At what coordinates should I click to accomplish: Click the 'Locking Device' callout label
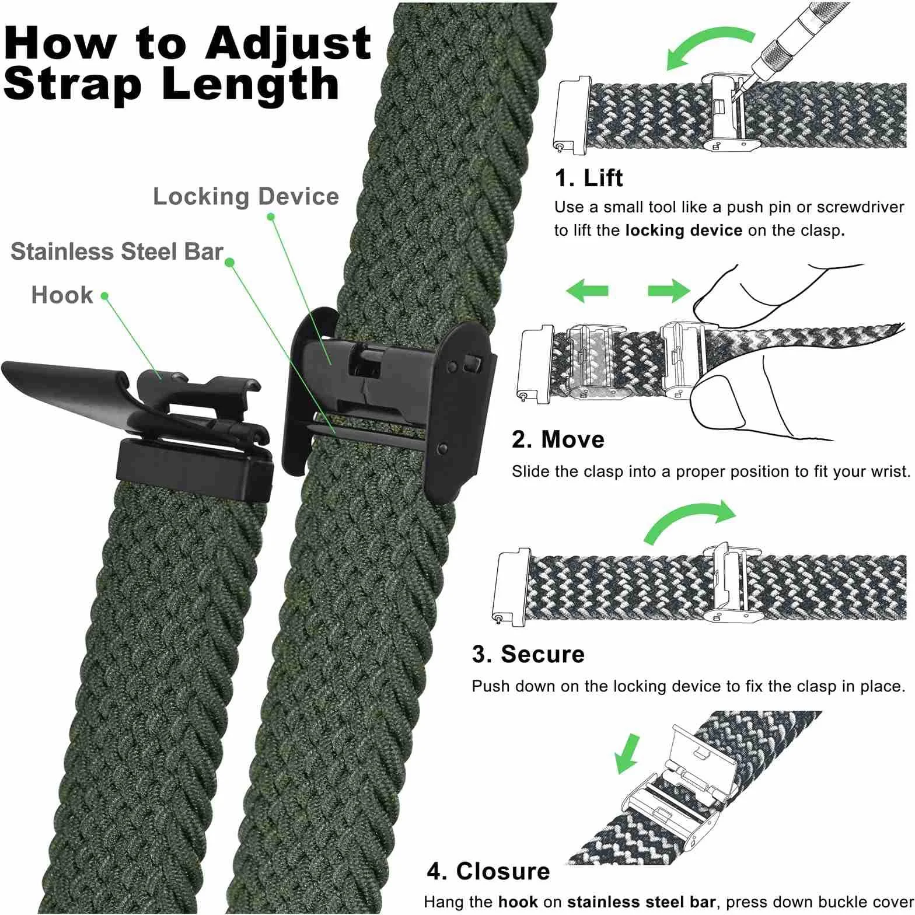click(x=246, y=197)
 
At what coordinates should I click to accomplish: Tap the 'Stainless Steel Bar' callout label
click(x=117, y=252)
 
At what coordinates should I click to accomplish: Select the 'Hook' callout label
click(x=62, y=295)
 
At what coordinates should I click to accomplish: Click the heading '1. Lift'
click(x=588, y=177)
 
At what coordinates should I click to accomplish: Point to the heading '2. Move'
click(x=558, y=439)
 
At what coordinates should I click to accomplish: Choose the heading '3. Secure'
click(x=528, y=654)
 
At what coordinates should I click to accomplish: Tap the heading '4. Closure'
click(x=488, y=871)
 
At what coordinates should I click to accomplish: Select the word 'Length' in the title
click(x=250, y=85)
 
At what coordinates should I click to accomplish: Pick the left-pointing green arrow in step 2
click(x=587, y=290)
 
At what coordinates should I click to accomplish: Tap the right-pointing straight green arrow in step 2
click(x=669, y=290)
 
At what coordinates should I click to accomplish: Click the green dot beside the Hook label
click(x=104, y=296)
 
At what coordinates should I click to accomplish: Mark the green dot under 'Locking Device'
click(x=271, y=216)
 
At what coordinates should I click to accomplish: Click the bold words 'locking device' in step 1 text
click(x=683, y=231)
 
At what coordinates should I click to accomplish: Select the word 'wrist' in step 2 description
click(x=888, y=472)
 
